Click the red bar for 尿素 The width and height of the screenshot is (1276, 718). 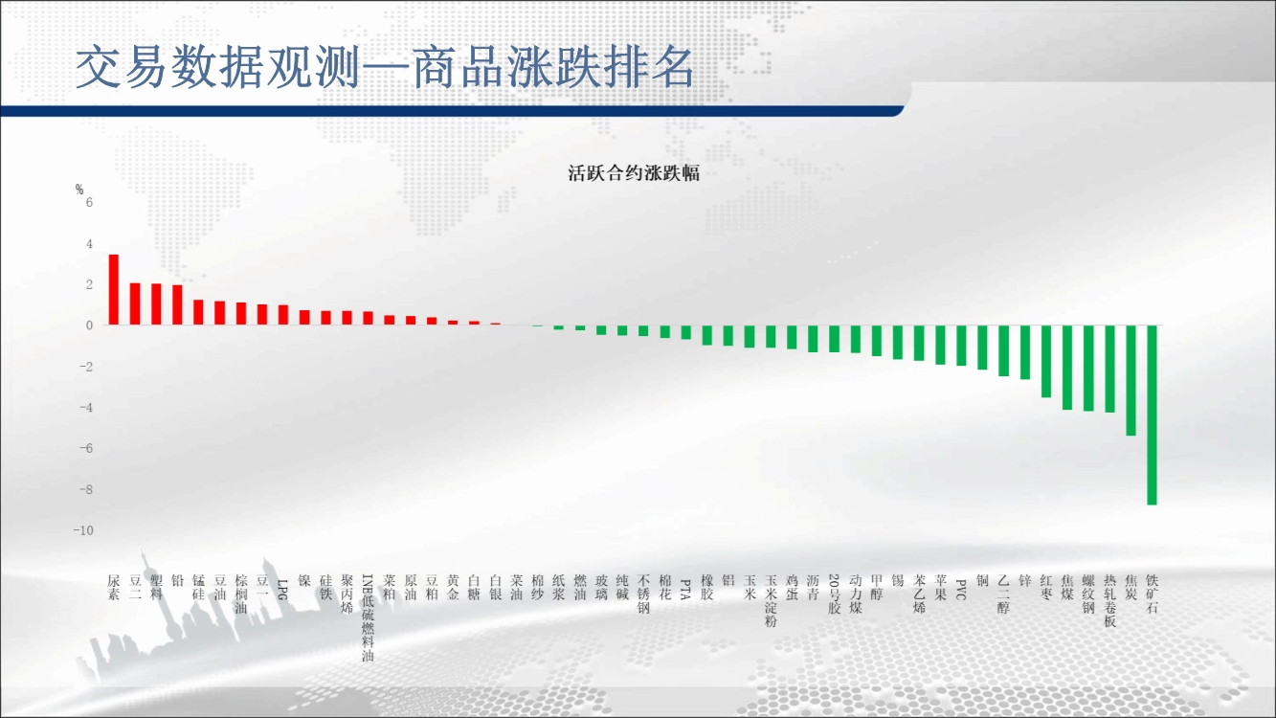pyautogui.click(x=114, y=289)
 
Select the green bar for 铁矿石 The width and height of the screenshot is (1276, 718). pyautogui.click(x=1152, y=415)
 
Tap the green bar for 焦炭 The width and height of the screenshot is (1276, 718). pyautogui.click(x=1130, y=381)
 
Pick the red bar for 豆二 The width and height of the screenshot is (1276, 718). pyautogui.click(x=135, y=303)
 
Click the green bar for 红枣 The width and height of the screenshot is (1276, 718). pyautogui.click(x=1046, y=361)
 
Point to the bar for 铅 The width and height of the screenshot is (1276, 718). pyautogui.click(x=177, y=304)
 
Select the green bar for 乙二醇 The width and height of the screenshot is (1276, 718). pyautogui.click(x=1004, y=350)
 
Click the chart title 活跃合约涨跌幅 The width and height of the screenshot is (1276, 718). pyautogui.click(x=634, y=173)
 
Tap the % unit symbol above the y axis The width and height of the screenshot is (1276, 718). pyautogui.click(x=79, y=190)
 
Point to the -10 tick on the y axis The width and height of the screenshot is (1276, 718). pyautogui.click(x=83, y=530)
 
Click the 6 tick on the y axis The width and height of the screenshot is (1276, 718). pyautogui.click(x=89, y=202)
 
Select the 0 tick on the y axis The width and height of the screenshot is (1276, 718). pyautogui.click(x=89, y=325)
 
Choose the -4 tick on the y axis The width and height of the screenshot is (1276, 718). pyautogui.click(x=86, y=408)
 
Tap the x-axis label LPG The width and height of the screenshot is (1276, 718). pyautogui.click(x=283, y=589)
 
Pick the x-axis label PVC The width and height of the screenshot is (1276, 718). pyautogui.click(x=961, y=589)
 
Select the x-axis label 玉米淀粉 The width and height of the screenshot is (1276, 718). pyautogui.click(x=771, y=601)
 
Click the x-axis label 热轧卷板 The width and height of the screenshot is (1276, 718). pyautogui.click(x=1109, y=601)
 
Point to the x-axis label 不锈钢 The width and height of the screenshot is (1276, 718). pyautogui.click(x=643, y=595)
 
